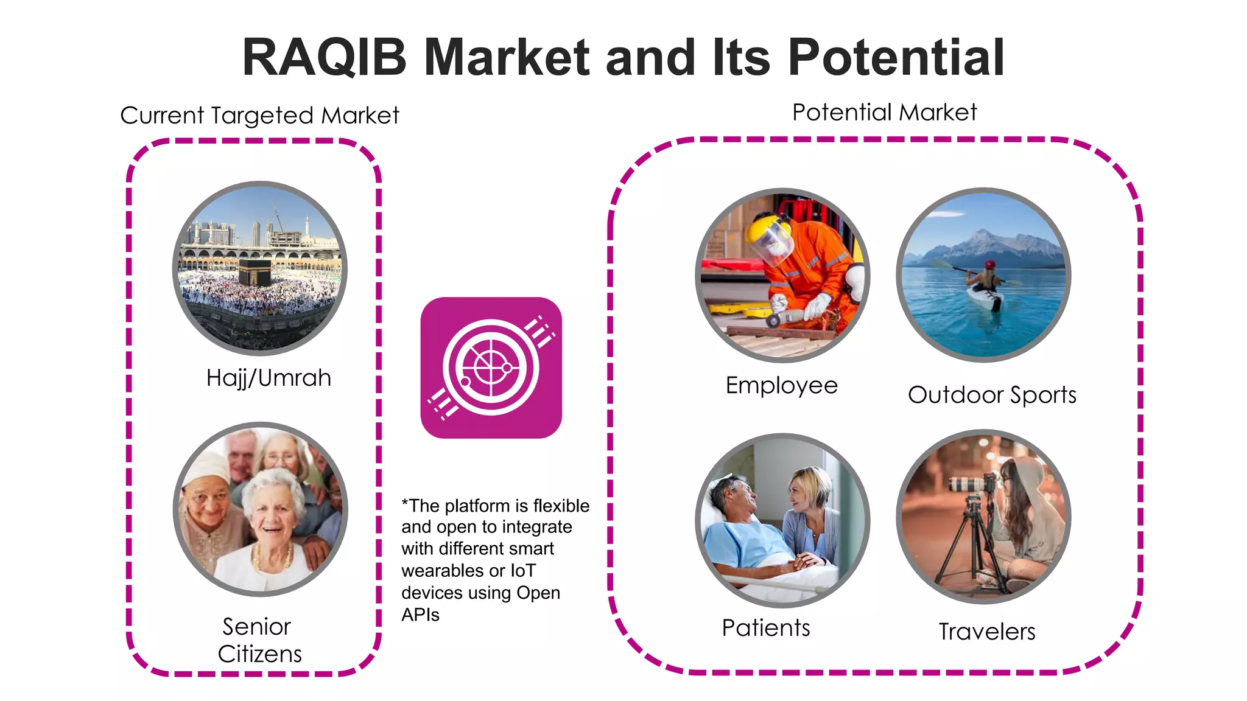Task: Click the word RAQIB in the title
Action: (x=324, y=57)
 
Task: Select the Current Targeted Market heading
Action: (x=259, y=115)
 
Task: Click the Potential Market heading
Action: (x=884, y=113)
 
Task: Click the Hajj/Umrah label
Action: (x=269, y=378)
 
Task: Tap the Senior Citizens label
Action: (x=260, y=640)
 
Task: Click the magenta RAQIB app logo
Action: (x=491, y=368)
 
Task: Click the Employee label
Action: (x=782, y=385)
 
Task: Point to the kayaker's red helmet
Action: (x=990, y=265)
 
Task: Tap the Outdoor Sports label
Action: (x=992, y=395)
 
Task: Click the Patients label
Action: (x=766, y=627)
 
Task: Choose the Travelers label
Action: (x=986, y=632)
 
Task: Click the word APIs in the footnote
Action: (x=420, y=615)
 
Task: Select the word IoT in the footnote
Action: (x=522, y=571)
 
